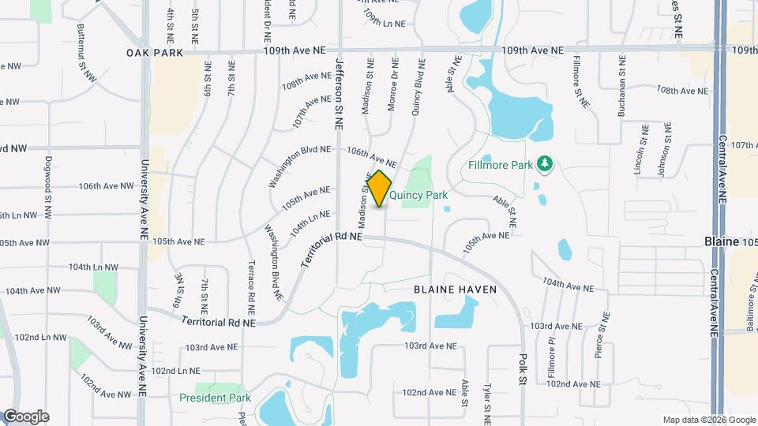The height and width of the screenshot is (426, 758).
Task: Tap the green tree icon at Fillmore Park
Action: click(544, 164)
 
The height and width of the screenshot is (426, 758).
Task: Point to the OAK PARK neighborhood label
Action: click(155, 53)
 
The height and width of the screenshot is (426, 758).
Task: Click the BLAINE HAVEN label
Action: click(456, 290)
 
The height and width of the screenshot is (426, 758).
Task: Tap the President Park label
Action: click(214, 398)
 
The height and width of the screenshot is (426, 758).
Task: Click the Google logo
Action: click(26, 417)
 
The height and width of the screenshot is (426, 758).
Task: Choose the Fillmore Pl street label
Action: click(552, 354)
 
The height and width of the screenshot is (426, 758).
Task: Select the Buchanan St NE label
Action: click(622, 79)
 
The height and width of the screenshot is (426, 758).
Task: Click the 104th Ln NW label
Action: click(93, 267)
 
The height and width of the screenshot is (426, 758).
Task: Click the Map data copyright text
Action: click(708, 420)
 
